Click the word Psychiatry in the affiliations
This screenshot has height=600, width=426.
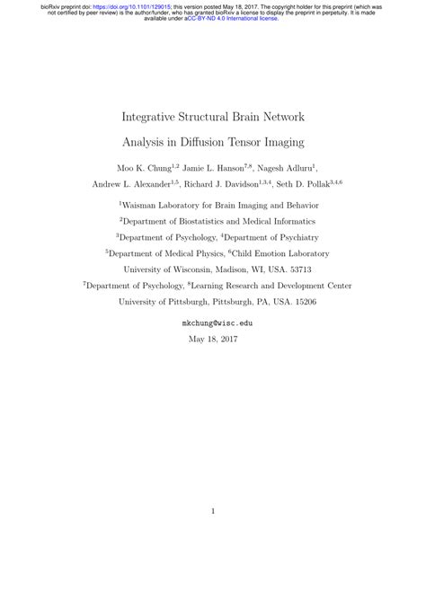282,236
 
